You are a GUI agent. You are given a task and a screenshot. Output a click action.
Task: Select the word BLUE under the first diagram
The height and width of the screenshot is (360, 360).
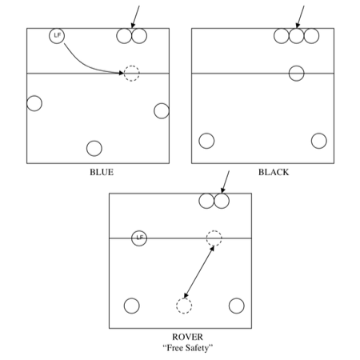[102, 172]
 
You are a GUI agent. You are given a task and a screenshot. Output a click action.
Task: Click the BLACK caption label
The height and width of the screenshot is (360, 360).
[274, 172]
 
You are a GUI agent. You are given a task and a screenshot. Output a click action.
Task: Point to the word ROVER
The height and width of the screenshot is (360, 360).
[187, 337]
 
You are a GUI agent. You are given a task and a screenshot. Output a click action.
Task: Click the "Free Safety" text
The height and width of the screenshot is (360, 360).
[188, 348]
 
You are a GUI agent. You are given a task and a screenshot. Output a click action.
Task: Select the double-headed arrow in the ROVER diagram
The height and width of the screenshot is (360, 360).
[199, 272]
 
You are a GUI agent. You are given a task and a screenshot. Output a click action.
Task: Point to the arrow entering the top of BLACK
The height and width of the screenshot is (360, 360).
[300, 17]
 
